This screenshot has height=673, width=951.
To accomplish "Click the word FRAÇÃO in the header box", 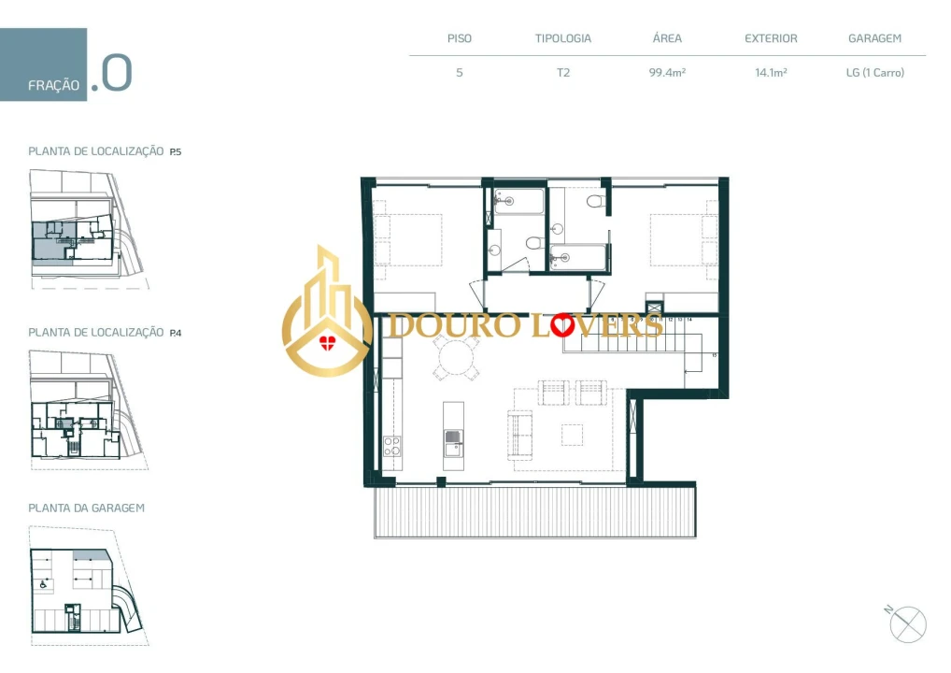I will [53, 85].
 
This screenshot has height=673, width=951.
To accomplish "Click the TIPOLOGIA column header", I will [562, 39].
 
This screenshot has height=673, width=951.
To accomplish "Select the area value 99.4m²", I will [667, 72].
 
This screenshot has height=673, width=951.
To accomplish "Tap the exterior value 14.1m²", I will [771, 72].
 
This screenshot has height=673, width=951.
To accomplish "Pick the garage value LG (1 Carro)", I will [874, 72].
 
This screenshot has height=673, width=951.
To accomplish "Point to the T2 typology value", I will [562, 72].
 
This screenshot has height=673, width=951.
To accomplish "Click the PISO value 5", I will [459, 72].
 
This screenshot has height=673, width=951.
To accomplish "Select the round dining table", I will [455, 357].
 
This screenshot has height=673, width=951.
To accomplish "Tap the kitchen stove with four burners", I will [391, 446].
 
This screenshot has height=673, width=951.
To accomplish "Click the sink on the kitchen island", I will [453, 437].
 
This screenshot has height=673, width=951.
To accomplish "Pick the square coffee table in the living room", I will [572, 435].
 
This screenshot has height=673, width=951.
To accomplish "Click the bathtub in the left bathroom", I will [518, 201].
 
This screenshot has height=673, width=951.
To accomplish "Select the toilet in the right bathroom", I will [595, 202].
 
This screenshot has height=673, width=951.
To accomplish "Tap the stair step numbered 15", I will [713, 356].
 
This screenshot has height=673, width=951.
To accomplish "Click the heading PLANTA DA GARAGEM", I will [86, 508].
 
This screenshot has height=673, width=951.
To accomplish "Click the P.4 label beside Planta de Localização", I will [176, 332].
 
